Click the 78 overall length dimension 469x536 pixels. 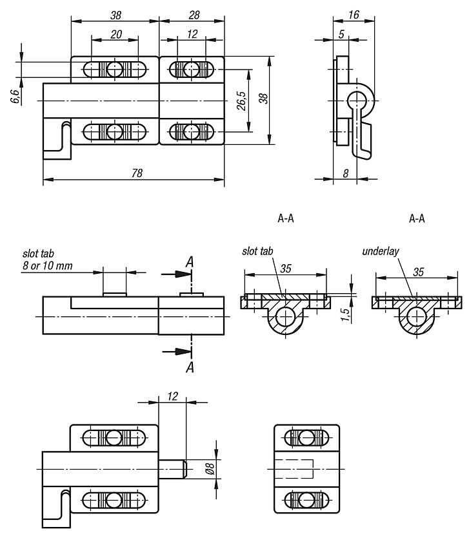tap(137, 173)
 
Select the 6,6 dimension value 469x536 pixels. tap(15, 97)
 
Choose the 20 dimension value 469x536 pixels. tap(116, 35)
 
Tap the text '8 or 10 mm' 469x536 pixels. tap(46, 265)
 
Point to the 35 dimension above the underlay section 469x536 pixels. tap(418, 273)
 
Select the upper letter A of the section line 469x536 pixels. tap(190, 262)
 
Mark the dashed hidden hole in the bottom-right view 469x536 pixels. tap(294, 468)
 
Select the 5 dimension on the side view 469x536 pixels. tap(341, 35)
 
